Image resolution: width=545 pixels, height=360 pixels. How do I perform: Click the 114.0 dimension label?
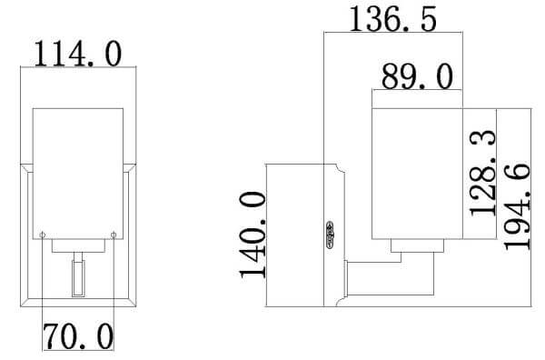[78, 54]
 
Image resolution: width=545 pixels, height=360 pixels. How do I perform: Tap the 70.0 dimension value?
[78, 336]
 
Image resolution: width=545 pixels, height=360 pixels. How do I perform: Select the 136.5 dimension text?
[392, 19]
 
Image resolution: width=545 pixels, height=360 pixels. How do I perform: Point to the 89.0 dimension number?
[417, 76]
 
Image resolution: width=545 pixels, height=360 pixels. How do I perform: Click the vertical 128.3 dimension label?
[483, 173]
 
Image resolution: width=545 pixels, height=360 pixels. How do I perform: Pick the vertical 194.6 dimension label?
[517, 206]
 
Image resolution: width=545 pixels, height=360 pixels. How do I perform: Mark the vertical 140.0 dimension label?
[253, 235]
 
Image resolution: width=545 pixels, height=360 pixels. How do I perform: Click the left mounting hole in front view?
[43, 235]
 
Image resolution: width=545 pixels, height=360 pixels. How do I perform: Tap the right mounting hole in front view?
[114, 235]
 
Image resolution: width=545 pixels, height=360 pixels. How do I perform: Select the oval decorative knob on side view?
[330, 235]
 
